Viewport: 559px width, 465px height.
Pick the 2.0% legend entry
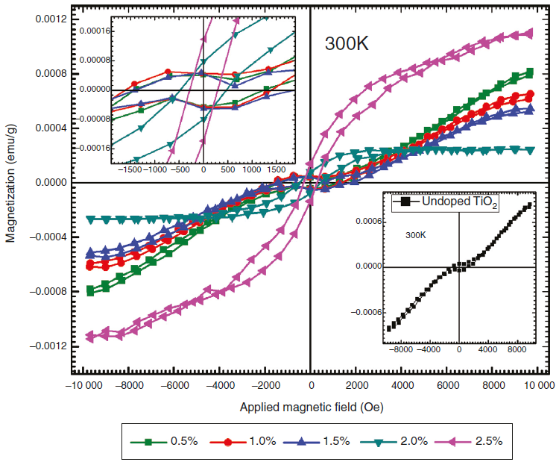pos(409,441)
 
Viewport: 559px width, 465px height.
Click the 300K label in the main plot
pos(347,43)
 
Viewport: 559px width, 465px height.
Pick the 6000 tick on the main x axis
pos(447,386)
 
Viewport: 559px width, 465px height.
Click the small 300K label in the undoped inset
pos(418,235)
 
